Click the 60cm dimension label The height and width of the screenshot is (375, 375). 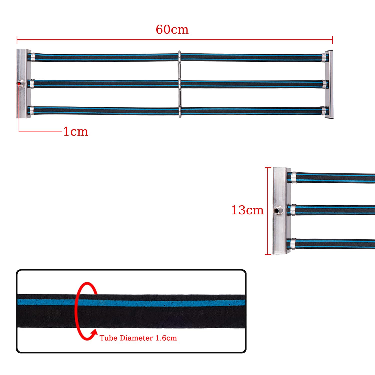tap(172, 29)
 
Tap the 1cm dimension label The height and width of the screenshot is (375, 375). tap(76, 131)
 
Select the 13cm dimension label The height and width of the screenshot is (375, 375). tap(247, 210)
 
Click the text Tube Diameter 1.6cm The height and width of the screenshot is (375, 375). tap(138, 338)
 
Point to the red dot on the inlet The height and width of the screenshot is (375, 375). tap(18, 84)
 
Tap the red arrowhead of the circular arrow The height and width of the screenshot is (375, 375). tap(94, 332)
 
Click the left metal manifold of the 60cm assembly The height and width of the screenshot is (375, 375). tap(24, 84)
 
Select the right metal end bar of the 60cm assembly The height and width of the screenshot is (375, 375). tap(329, 85)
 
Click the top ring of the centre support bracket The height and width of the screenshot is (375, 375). tap(179, 56)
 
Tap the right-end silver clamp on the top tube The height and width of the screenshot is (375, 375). tap(324, 58)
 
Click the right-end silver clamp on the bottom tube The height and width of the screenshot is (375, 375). tap(323, 111)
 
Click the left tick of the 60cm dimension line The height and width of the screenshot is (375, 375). tap(17, 40)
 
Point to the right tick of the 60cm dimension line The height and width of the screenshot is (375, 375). tap(332, 40)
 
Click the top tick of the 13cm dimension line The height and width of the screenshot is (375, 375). tap(268, 168)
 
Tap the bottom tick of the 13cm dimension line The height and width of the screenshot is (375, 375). tap(268, 254)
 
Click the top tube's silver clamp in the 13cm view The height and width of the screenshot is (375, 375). tap(294, 177)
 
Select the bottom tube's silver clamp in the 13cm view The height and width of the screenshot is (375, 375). tap(293, 244)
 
